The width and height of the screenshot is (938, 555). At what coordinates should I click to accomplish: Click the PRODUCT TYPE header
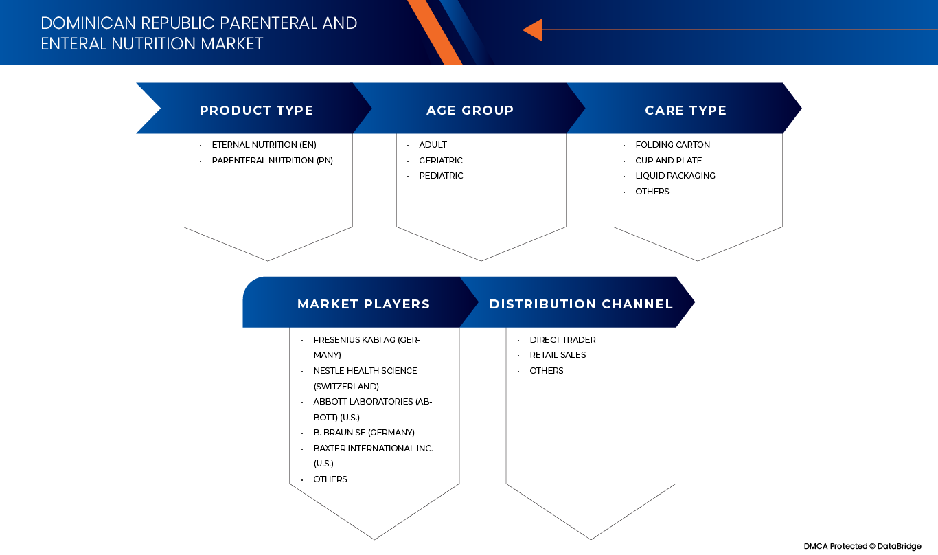[x=256, y=111]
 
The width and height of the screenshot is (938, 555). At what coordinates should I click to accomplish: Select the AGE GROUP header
[x=470, y=111]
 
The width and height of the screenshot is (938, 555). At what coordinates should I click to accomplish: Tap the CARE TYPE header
[x=685, y=111]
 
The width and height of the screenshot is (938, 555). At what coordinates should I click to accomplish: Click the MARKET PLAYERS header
[x=363, y=304]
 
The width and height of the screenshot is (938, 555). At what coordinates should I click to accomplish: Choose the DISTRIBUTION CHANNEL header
[x=581, y=304]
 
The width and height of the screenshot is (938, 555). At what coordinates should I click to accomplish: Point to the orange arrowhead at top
[x=533, y=30]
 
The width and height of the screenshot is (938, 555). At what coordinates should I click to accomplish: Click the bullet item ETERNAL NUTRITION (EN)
[x=264, y=145]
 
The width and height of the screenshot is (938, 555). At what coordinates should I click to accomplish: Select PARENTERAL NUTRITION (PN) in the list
[x=272, y=161]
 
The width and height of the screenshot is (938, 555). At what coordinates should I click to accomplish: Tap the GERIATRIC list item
[x=441, y=161]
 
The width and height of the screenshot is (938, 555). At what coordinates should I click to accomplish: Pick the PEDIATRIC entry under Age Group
[x=441, y=176]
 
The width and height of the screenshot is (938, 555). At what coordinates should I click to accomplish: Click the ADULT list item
[x=433, y=145]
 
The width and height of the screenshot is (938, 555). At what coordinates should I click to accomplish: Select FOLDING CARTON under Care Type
[x=672, y=145]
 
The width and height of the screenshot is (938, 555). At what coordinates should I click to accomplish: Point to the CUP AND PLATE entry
[x=668, y=161]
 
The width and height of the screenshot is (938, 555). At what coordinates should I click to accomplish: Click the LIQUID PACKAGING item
[x=675, y=176]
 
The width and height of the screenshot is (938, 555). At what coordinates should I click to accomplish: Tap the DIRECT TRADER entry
[x=562, y=340]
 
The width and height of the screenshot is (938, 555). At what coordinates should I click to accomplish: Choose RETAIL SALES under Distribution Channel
[x=558, y=355]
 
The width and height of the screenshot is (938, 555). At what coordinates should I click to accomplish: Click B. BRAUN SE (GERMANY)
[x=364, y=433]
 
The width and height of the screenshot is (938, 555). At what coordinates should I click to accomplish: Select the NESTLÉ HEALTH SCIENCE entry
[x=365, y=371]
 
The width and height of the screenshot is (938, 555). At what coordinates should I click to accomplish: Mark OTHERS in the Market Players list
[x=330, y=479]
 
